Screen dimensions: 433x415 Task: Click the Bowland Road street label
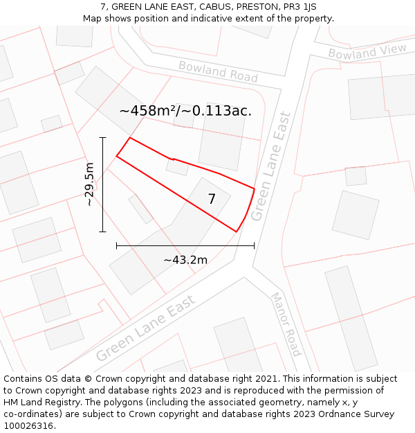pos(218,71)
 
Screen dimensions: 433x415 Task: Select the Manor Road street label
pos(286,324)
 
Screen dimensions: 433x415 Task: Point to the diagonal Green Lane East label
pos(146,327)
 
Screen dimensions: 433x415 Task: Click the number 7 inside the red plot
pos(212,200)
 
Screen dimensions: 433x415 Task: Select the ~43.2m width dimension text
pos(185,260)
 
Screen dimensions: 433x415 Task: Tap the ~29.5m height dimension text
pos(90,184)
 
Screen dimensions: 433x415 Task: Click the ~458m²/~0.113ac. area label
pos(185,111)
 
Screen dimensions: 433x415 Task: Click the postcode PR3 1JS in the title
pos(300,7)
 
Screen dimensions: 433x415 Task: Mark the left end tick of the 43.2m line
pos(116,245)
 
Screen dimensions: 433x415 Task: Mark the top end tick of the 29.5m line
pos(102,137)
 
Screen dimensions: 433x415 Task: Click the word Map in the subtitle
pos(93,19)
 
